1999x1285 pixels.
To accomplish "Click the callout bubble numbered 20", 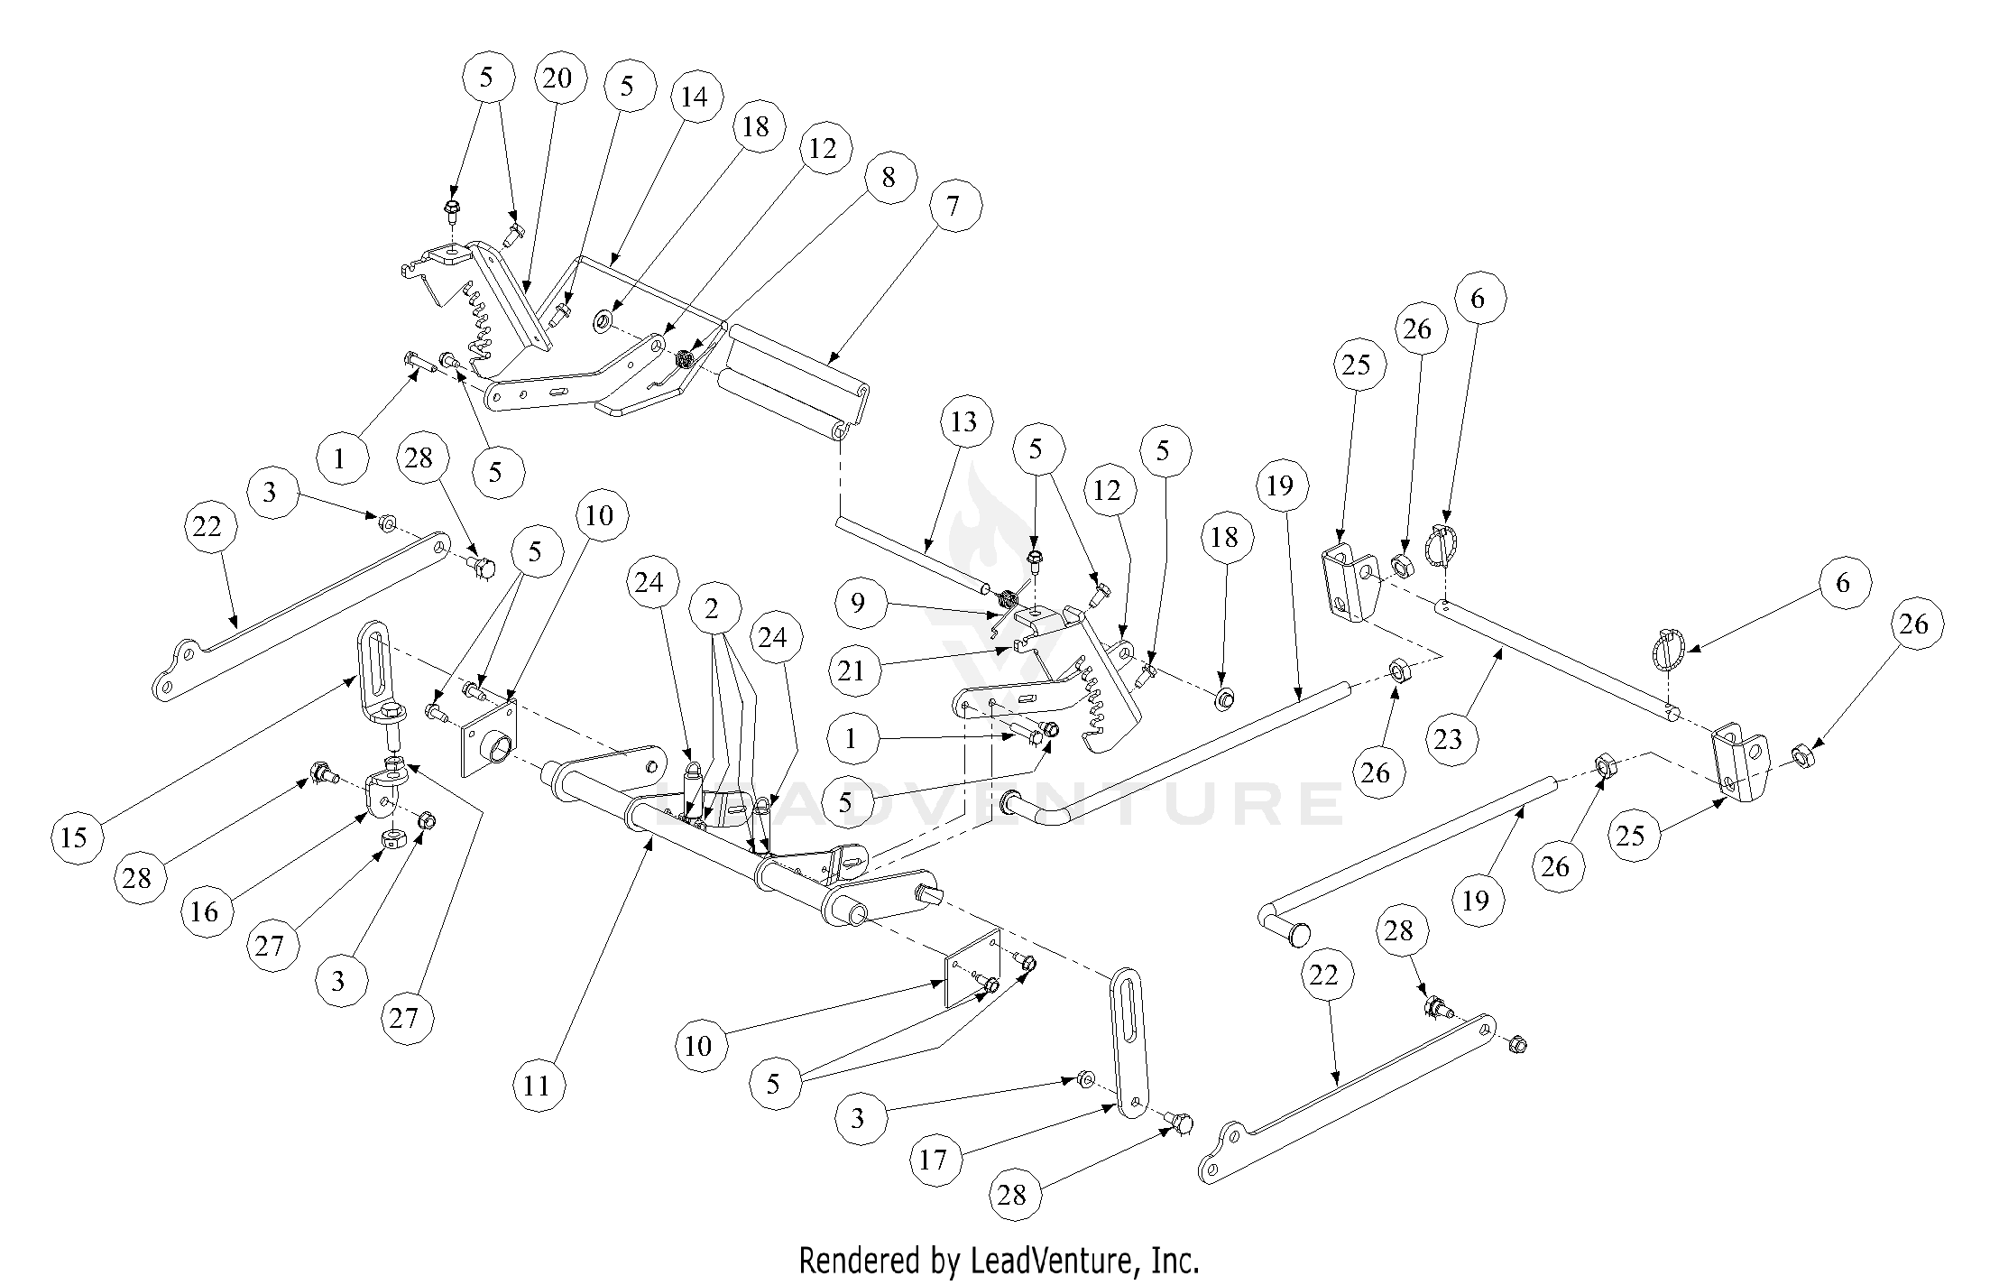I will [557, 79].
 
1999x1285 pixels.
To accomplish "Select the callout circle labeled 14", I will [694, 97].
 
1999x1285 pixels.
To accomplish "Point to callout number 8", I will [889, 178].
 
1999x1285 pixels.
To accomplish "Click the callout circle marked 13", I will [963, 421].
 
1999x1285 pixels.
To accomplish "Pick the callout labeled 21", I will [852, 670].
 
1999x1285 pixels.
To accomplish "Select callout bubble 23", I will [1447, 740].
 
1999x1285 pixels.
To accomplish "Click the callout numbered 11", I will [536, 1085].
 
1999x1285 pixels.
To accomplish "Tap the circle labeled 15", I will [75, 837].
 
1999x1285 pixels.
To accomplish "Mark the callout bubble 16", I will [205, 911].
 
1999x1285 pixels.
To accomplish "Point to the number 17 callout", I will [933, 1160].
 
